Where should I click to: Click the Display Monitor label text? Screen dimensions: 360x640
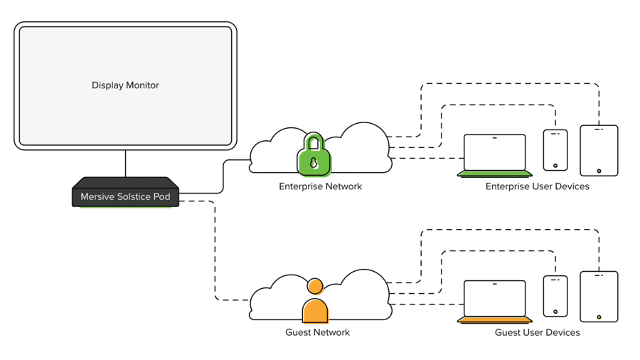[x=125, y=85]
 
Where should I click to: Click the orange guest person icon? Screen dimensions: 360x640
[x=315, y=306]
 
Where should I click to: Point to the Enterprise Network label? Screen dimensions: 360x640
[x=320, y=187]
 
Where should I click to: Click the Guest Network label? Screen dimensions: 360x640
[x=317, y=332]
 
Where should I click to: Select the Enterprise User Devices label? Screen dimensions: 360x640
[x=537, y=187]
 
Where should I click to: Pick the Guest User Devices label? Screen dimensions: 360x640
[x=538, y=332]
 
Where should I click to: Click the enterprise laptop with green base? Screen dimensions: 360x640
[x=495, y=156]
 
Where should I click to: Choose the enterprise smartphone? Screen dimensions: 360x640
[x=555, y=150]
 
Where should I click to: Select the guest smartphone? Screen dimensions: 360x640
[x=555, y=296]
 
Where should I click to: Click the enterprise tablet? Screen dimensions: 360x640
[x=599, y=150]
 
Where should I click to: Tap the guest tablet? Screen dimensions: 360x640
[x=599, y=296]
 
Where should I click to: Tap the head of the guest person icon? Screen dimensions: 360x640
[x=315, y=287]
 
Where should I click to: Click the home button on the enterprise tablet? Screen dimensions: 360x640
[x=599, y=171]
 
